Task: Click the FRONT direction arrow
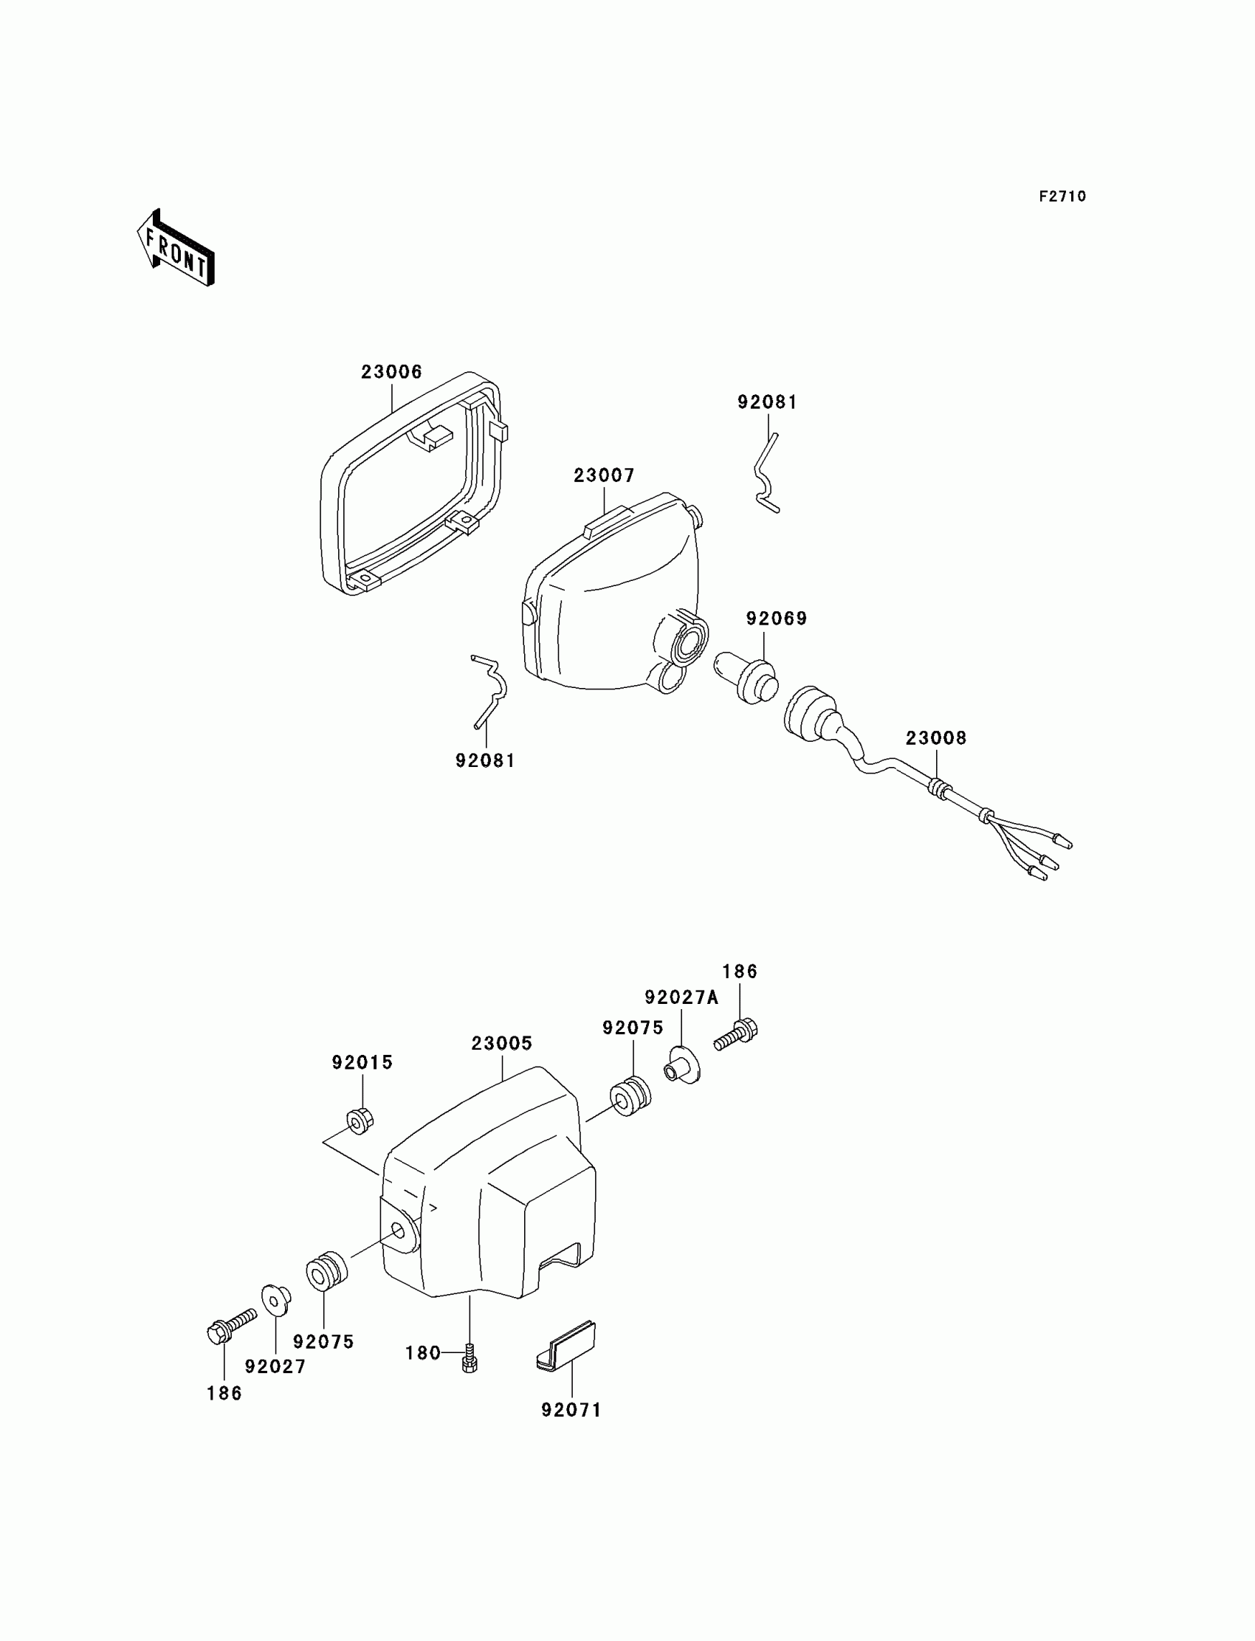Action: click(x=176, y=248)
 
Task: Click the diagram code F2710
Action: click(x=1062, y=196)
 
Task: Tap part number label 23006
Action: click(x=391, y=372)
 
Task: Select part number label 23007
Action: click(x=604, y=476)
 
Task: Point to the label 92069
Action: click(x=776, y=619)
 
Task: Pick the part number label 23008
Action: click(x=936, y=738)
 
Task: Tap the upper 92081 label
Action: click(x=767, y=402)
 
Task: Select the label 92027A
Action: click(x=681, y=997)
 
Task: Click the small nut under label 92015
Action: click(x=360, y=1121)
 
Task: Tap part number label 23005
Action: click(x=501, y=1044)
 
